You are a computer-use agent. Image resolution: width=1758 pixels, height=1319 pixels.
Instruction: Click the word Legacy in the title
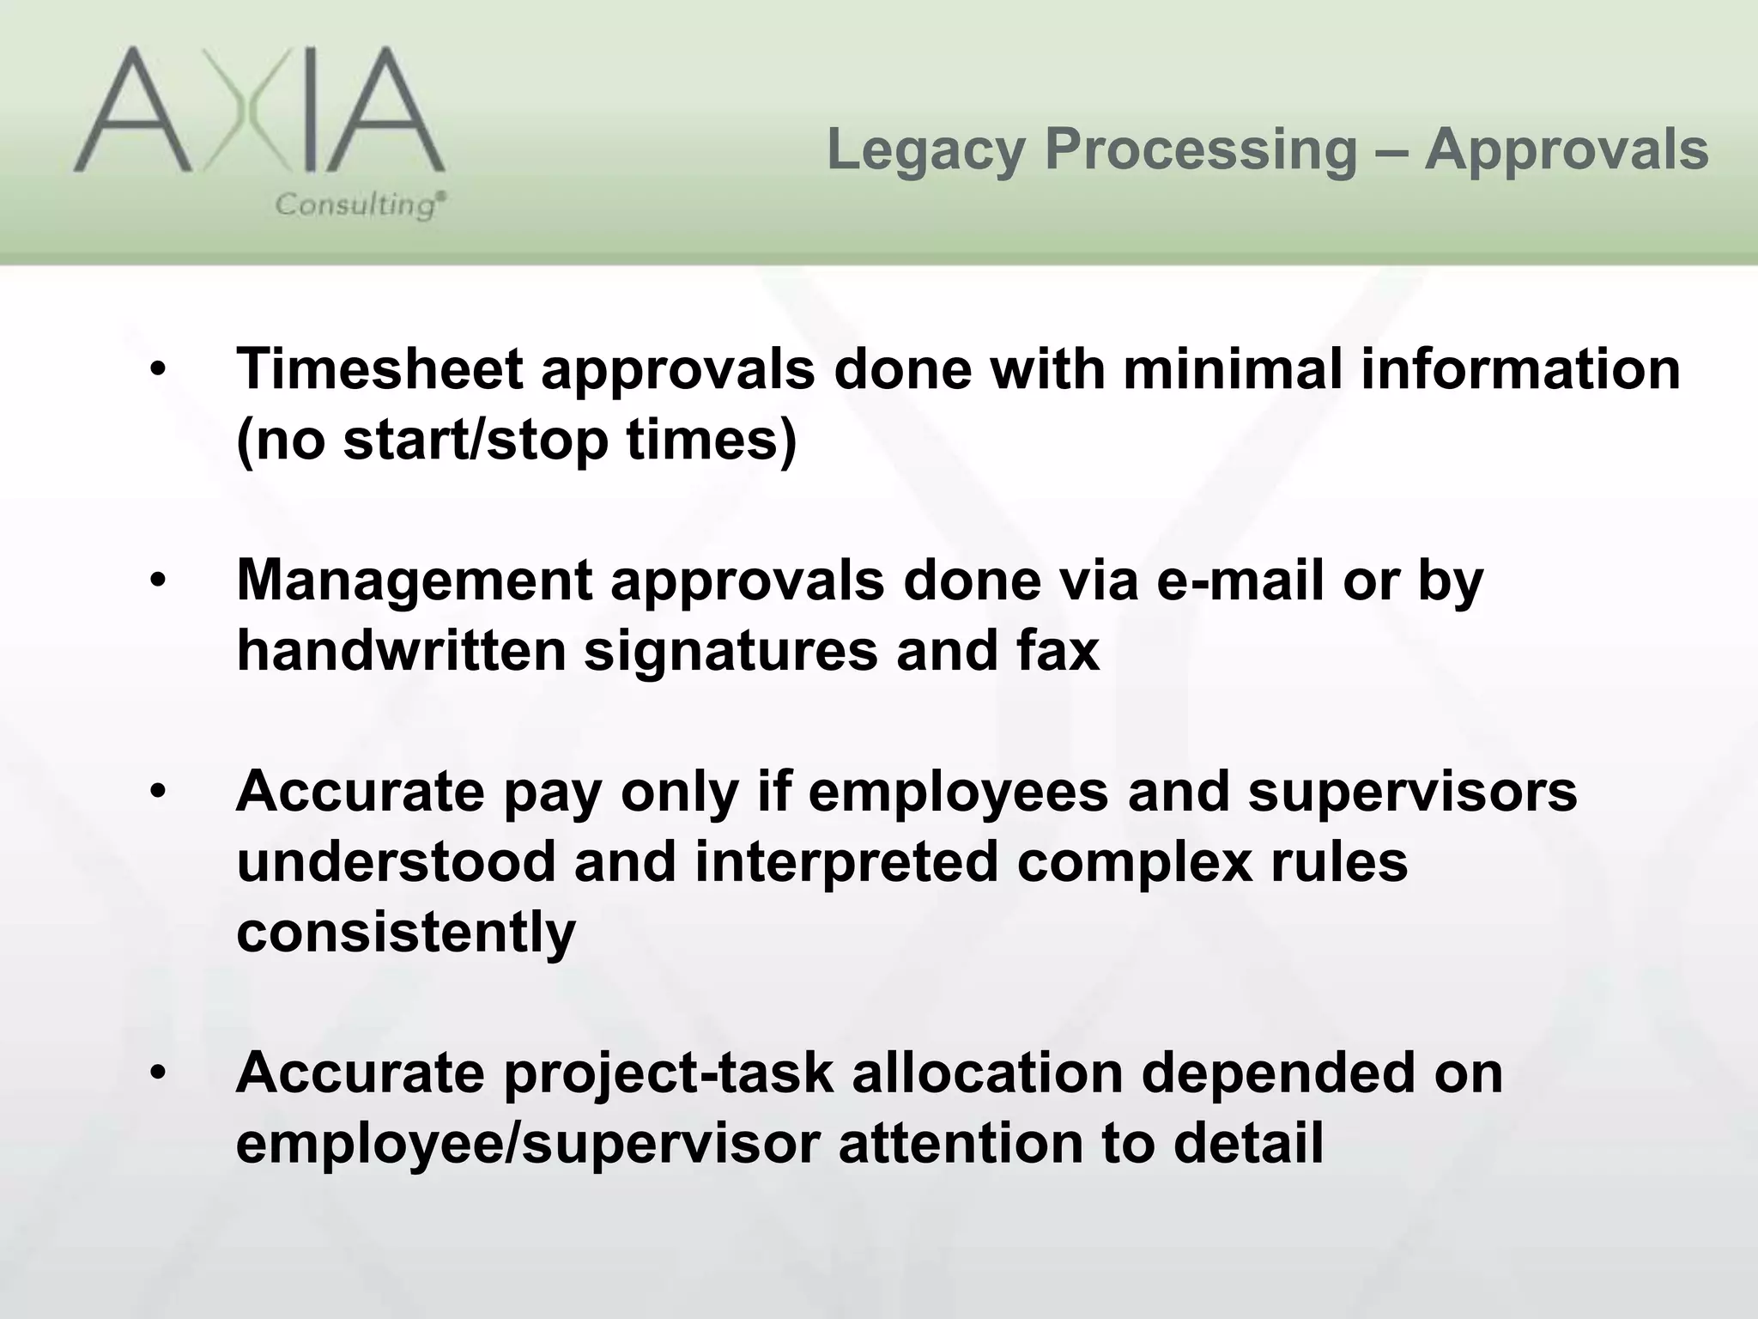point(926,149)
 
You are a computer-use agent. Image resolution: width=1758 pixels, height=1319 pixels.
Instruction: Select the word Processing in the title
point(1201,151)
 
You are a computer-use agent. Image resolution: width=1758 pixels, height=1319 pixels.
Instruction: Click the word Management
point(415,581)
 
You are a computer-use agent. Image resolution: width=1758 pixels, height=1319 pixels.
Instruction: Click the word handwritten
point(402,650)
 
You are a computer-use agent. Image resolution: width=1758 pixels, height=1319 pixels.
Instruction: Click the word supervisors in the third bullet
point(1412,791)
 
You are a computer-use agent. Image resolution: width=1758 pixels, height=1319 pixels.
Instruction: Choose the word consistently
point(406,933)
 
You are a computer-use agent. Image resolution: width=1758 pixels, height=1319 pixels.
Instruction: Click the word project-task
point(669,1074)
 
